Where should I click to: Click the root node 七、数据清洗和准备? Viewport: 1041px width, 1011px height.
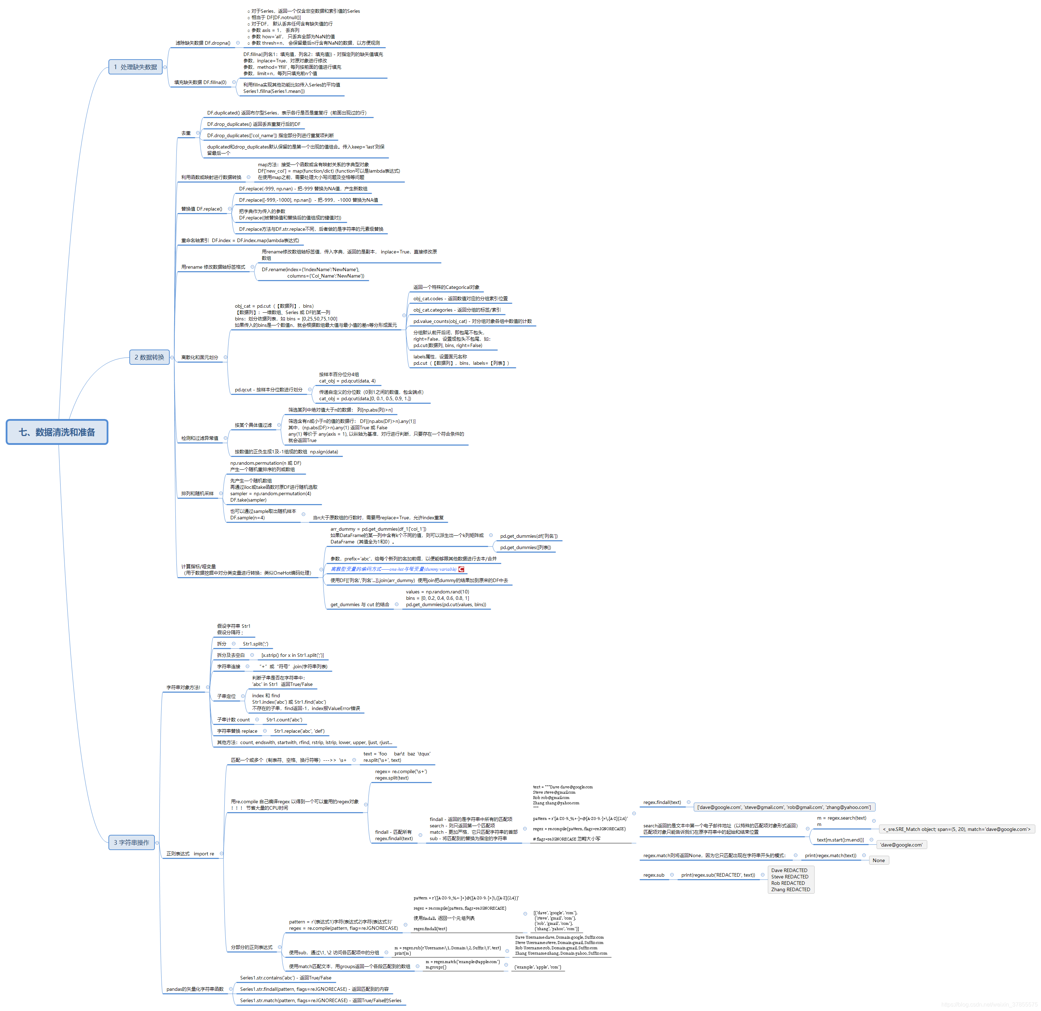(x=57, y=432)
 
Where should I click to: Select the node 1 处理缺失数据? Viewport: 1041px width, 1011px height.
(x=135, y=67)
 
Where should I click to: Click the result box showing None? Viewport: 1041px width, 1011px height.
(x=878, y=860)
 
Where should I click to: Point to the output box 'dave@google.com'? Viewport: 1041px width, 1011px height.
(x=901, y=845)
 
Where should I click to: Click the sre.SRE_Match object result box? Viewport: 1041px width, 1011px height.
(x=956, y=829)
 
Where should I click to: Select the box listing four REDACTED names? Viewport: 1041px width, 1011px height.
(x=790, y=880)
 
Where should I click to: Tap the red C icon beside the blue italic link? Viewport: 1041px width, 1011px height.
(x=462, y=569)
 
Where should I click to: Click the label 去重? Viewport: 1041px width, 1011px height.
(x=186, y=133)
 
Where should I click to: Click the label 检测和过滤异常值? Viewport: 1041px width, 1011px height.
(x=200, y=438)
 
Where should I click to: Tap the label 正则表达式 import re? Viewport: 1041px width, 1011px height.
(x=190, y=854)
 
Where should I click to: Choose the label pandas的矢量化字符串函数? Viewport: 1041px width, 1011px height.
(x=195, y=989)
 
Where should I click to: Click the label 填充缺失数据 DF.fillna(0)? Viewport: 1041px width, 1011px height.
(x=200, y=82)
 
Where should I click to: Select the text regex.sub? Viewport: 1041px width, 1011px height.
(x=653, y=875)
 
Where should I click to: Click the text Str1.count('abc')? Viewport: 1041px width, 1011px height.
(x=284, y=720)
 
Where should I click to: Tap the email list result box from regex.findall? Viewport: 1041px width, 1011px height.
(x=784, y=807)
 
